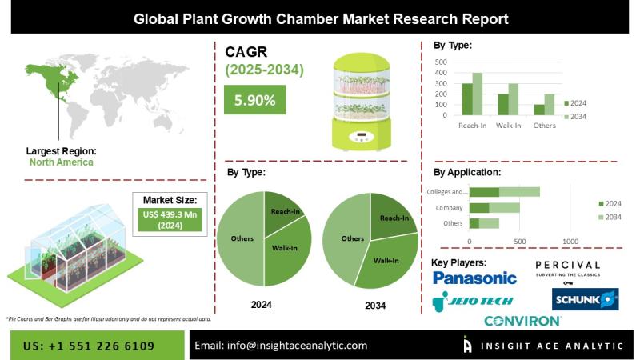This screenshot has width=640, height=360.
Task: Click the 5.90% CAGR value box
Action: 255,100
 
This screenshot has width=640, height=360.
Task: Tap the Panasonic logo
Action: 474,278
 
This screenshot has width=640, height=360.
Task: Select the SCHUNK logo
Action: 585,299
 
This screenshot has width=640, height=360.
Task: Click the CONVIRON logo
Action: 522,321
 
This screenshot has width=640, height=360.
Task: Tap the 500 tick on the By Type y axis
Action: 441,62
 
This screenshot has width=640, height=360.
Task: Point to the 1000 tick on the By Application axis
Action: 570,241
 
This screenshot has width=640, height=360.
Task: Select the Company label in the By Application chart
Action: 450,207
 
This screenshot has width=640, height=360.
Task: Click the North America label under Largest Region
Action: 61,162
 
